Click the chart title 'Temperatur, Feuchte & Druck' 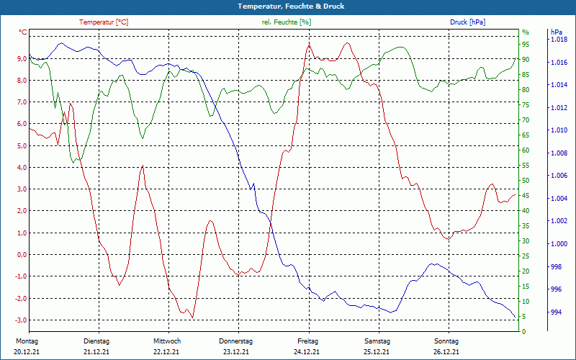(x=288, y=6)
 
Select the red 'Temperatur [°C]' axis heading (x=104, y=22)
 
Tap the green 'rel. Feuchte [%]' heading (x=287, y=22)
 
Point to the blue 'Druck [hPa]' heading (x=467, y=22)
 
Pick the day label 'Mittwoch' (x=166, y=341)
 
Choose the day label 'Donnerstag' (x=236, y=341)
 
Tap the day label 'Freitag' (x=307, y=341)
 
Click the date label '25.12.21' (x=377, y=352)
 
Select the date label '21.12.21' (x=96, y=352)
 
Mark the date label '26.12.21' (x=446, y=352)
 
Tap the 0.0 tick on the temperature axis (x=20, y=255)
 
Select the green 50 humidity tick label (x=526, y=181)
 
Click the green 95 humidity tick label (x=526, y=45)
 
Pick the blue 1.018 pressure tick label (x=559, y=40)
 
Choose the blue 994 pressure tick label (x=557, y=312)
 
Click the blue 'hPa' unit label (x=557, y=32)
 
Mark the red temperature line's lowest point (x=192, y=317)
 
